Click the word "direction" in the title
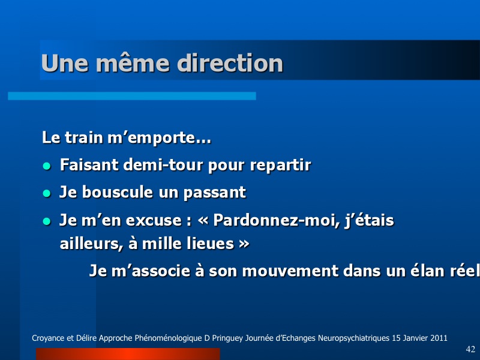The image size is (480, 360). (x=230, y=63)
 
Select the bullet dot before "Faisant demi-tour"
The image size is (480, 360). (x=47, y=166)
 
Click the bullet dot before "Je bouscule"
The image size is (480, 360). (x=47, y=193)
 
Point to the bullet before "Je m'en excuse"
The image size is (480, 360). (x=47, y=221)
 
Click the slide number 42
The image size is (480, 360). (x=470, y=349)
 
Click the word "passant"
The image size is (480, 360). (x=215, y=193)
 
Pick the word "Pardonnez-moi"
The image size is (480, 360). (x=277, y=220)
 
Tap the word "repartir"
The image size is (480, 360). (x=280, y=166)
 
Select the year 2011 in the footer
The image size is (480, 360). (x=439, y=338)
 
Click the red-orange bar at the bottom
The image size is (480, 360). (x=128, y=354)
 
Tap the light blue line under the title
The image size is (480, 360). (x=132, y=96)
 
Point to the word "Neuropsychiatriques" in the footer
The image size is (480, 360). (x=353, y=338)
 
